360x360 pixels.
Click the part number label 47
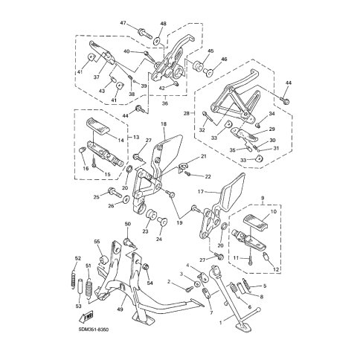[123, 23]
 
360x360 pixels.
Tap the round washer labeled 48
[157, 41]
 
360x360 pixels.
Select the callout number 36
[164, 103]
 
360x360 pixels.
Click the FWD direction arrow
[86, 317]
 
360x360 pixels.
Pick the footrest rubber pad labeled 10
[256, 222]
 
